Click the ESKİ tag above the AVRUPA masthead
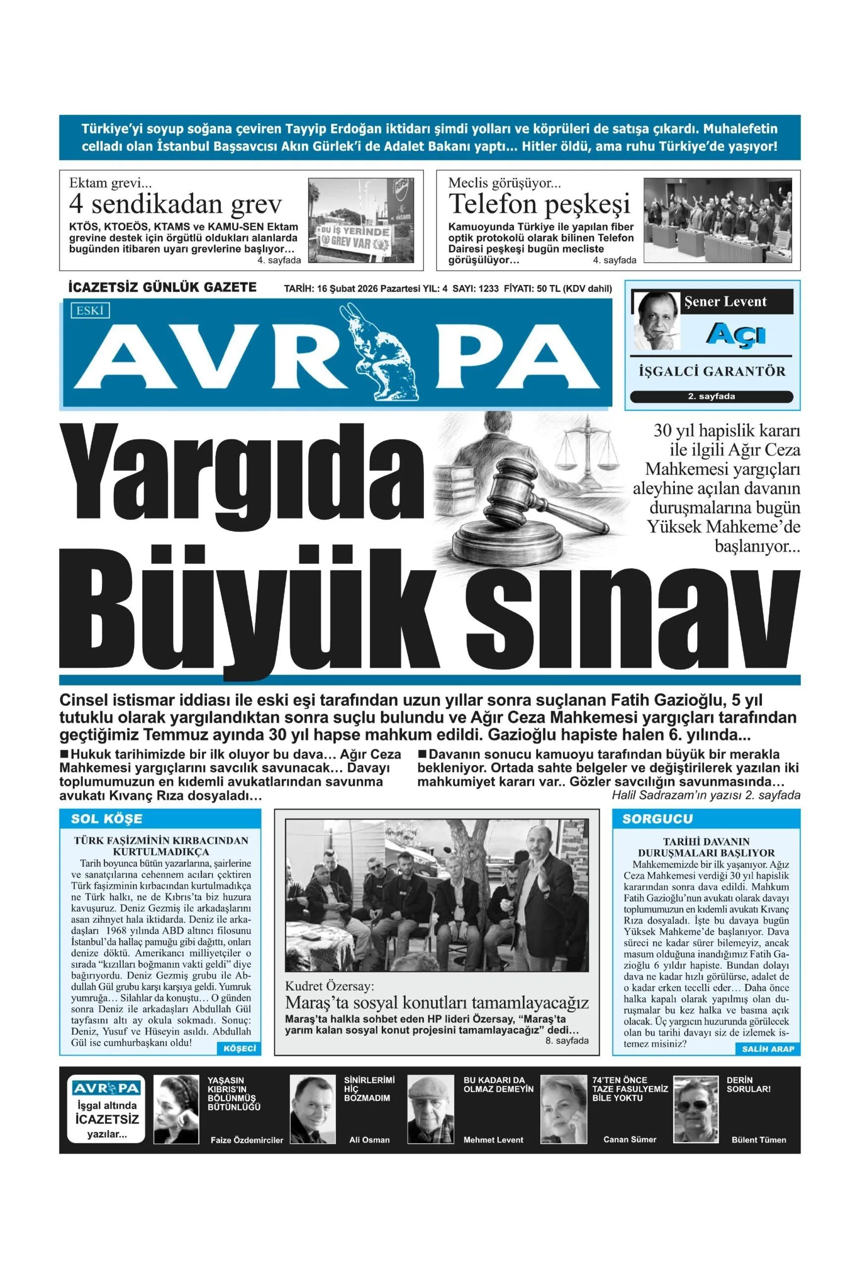click(90, 310)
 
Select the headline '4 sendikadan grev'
click(175, 205)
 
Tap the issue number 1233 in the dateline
click(488, 289)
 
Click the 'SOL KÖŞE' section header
click(106, 819)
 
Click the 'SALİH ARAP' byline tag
click(768, 1049)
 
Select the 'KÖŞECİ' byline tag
click(240, 1048)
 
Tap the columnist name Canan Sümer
click(629, 1139)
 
